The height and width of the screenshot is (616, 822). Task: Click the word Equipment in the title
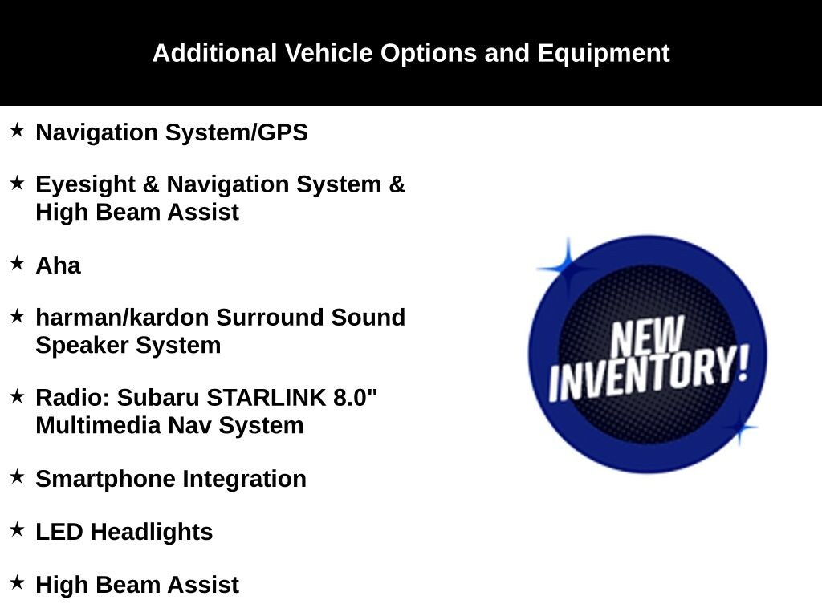point(603,54)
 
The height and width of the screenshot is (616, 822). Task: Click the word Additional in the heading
point(214,54)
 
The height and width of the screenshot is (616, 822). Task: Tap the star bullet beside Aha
point(17,263)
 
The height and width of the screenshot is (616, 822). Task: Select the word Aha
point(58,265)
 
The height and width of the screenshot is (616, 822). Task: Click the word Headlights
point(151,532)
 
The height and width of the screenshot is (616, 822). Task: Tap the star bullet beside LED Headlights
point(17,529)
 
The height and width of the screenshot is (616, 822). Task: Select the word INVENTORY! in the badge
point(649,374)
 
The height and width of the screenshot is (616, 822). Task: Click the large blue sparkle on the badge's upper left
point(567,268)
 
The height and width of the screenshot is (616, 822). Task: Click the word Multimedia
point(98,425)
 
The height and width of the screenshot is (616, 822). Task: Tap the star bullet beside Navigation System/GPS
point(17,130)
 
